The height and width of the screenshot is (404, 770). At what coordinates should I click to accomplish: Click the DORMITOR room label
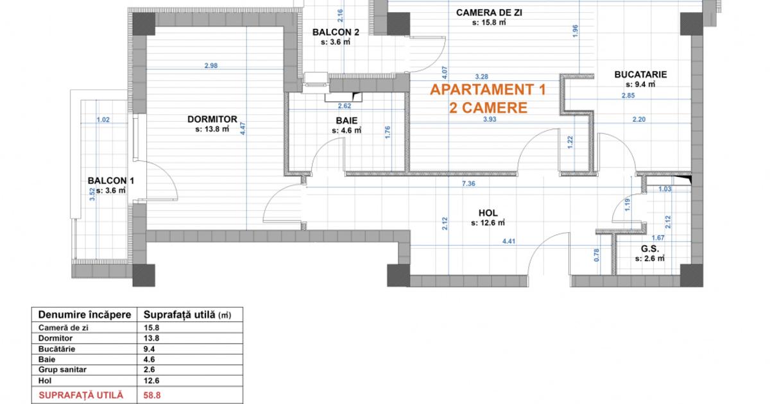[212, 119]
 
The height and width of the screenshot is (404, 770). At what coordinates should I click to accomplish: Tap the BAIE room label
[346, 120]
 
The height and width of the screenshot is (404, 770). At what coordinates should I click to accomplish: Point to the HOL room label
[488, 213]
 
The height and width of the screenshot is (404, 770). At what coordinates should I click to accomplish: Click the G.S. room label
[649, 248]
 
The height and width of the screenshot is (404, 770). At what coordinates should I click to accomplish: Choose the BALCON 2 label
[336, 33]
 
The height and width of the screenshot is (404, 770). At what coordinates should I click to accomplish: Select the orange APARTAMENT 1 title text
[488, 90]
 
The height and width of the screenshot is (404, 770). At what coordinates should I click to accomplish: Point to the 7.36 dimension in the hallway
[468, 184]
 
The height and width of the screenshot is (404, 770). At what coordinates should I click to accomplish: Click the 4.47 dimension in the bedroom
[243, 128]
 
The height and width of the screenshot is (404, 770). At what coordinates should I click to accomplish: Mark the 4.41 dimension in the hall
[509, 242]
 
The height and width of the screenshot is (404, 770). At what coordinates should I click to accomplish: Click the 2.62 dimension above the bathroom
[345, 106]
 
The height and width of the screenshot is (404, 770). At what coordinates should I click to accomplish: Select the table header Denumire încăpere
[85, 315]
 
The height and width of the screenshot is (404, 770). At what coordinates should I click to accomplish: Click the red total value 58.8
[151, 396]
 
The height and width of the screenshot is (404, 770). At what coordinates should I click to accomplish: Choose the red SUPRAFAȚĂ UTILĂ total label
[81, 396]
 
